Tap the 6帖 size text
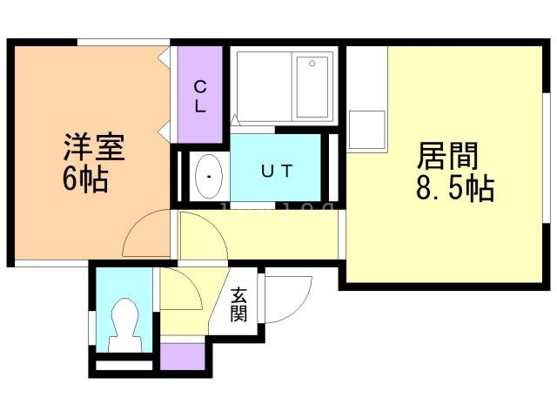85,179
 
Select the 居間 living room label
448,157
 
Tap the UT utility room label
275,171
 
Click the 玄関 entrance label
238,306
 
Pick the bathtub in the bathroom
311,85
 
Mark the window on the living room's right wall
548,157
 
